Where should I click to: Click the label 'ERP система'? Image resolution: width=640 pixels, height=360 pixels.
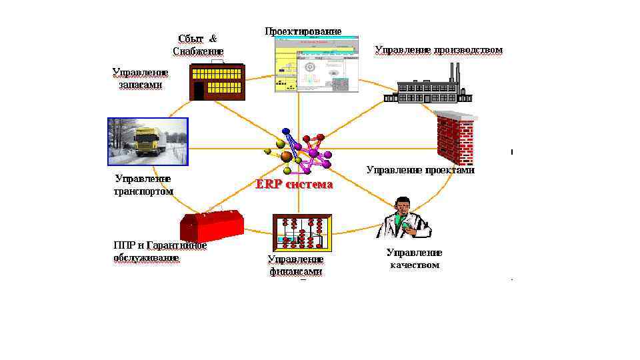(x=294, y=185)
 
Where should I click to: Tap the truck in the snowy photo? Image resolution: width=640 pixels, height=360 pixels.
(x=148, y=141)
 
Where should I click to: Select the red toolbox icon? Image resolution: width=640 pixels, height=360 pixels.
(x=211, y=227)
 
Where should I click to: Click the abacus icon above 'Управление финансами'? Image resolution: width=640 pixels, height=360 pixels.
(x=302, y=232)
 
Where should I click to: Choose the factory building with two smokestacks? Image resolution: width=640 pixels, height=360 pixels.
(x=427, y=87)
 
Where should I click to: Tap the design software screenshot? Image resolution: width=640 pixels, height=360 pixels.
(x=316, y=65)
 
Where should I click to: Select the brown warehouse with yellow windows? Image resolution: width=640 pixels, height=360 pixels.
(x=217, y=81)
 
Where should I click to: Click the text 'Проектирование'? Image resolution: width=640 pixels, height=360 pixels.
(x=303, y=31)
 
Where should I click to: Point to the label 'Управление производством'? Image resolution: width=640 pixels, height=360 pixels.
(x=438, y=50)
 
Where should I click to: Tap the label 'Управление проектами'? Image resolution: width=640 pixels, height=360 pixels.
(x=420, y=170)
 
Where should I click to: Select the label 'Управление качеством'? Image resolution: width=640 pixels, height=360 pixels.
(x=414, y=259)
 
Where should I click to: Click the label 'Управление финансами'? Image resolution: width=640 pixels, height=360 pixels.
(x=295, y=265)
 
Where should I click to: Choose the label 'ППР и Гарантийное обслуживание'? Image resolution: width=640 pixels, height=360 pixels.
(x=159, y=251)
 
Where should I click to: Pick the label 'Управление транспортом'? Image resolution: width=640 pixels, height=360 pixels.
(x=143, y=185)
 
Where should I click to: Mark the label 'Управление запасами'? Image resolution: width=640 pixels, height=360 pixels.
(x=140, y=79)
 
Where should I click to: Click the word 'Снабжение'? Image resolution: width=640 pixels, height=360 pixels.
(x=198, y=51)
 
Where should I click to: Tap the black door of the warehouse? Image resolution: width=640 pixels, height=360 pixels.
(x=198, y=90)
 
